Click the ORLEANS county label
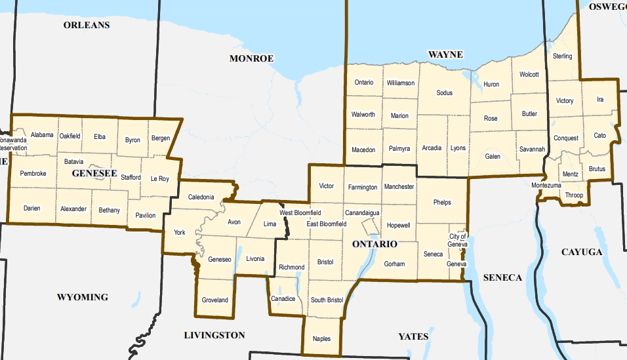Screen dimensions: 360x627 click(x=86, y=26)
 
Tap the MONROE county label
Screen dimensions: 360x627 click(x=251, y=58)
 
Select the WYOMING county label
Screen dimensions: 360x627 click(x=82, y=297)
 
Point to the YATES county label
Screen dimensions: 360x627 click(x=413, y=336)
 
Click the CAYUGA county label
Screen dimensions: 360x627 click(x=581, y=252)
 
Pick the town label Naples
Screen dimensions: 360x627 click(x=321, y=339)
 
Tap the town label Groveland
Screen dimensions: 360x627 click(x=214, y=300)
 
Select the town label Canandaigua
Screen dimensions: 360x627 click(x=363, y=213)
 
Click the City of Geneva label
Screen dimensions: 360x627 click(x=458, y=240)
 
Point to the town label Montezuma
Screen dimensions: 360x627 click(x=546, y=186)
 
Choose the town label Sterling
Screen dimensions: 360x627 click(x=562, y=56)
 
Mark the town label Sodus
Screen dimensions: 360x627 click(x=445, y=93)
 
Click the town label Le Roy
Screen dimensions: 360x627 click(x=159, y=178)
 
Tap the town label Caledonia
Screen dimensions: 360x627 click(x=201, y=197)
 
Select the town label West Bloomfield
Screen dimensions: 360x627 click(x=300, y=213)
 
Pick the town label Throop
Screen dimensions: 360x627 click(x=574, y=195)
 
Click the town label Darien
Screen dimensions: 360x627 click(x=31, y=209)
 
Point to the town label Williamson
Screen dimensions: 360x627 click(x=401, y=83)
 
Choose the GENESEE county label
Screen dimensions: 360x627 click(x=94, y=174)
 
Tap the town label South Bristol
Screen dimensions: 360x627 click(x=327, y=300)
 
